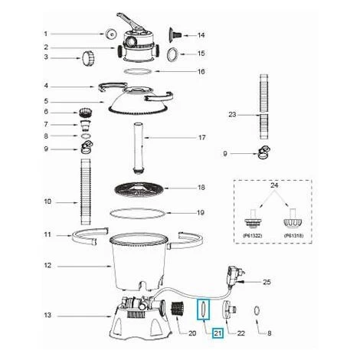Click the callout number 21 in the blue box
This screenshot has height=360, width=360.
coord(218,332)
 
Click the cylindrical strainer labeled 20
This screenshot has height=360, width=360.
coord(178,309)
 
